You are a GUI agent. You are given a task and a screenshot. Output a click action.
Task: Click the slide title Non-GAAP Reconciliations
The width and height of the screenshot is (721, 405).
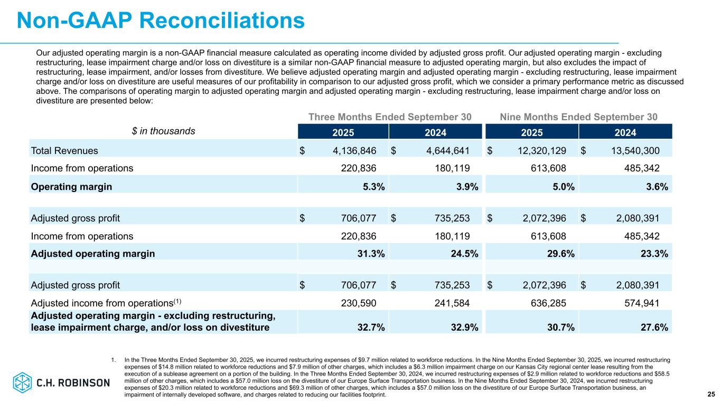pos(161,21)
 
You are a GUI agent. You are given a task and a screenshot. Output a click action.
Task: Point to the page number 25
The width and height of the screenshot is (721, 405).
pos(711,394)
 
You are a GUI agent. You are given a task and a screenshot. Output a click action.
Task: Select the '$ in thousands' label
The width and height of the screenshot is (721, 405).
pos(164,131)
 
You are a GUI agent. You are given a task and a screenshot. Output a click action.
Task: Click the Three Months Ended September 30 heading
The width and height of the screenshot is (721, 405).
pos(390,117)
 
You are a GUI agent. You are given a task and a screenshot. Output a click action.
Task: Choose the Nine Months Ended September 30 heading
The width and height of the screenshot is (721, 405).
pos(578,117)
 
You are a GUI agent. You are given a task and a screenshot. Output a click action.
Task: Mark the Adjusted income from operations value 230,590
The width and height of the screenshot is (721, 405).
pos(356,303)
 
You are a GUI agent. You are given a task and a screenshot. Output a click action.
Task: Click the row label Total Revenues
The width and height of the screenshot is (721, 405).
pos(64,151)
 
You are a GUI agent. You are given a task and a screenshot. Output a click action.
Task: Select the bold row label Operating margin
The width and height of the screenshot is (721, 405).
pos(71,186)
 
